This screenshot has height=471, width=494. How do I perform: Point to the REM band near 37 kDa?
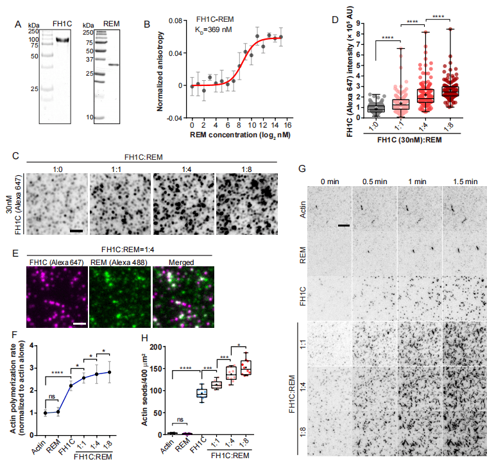(x=113, y=64)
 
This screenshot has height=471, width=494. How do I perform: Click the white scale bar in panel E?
(x=80, y=323)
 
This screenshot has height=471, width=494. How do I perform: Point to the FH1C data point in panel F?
(x=71, y=386)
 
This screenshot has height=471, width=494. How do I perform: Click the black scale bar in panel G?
(x=344, y=225)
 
